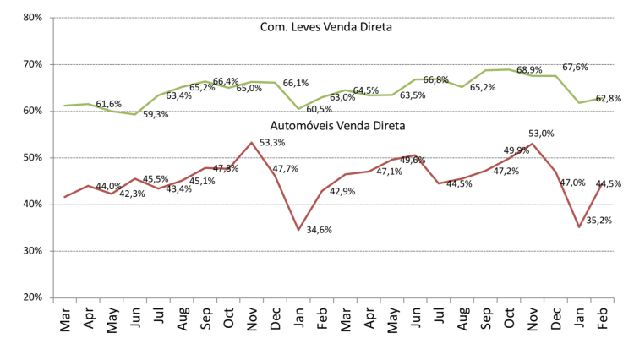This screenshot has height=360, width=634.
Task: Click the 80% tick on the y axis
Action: [x=32, y=18]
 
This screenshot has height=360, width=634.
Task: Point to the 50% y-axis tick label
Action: [x=32, y=158]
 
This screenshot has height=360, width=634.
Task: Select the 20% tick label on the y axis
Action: [x=32, y=298]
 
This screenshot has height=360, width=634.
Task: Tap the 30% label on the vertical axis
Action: [x=32, y=252]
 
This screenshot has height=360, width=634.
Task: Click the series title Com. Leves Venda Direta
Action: [x=326, y=27]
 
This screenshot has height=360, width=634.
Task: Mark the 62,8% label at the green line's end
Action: [x=609, y=99]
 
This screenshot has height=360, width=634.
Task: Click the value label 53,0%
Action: [x=541, y=134]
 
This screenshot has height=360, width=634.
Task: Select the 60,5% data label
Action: [x=319, y=109]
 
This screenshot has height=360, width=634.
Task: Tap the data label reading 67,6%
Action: [x=576, y=67]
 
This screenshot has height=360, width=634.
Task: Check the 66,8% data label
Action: [x=435, y=80]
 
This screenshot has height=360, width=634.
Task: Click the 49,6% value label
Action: [x=413, y=161]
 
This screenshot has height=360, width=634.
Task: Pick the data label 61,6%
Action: [x=108, y=105]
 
